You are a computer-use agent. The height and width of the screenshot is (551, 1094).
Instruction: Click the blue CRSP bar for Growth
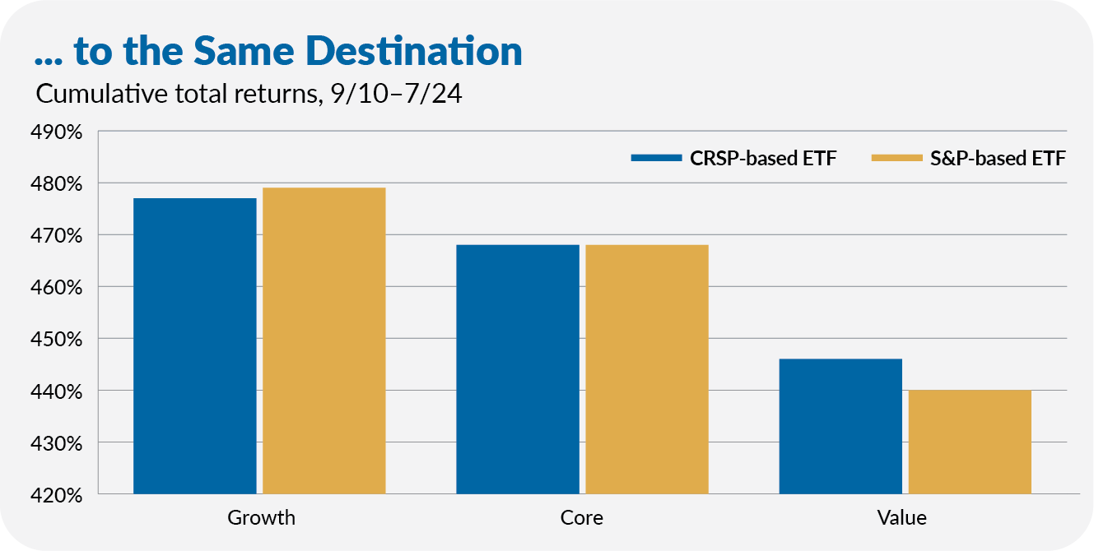(x=194, y=345)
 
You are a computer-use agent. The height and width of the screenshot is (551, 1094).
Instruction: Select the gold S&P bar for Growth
(x=324, y=340)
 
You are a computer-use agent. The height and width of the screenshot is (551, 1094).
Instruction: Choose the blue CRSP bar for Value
(x=840, y=426)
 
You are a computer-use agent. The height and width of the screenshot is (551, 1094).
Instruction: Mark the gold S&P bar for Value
(x=970, y=442)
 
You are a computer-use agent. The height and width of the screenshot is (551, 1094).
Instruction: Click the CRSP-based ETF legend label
(x=763, y=159)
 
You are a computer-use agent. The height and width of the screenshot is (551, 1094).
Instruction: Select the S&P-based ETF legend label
(x=998, y=159)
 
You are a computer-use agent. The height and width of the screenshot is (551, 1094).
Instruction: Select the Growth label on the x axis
(x=261, y=518)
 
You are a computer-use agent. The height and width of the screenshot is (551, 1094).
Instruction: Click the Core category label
(x=581, y=518)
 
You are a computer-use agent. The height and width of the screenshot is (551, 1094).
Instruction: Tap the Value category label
(x=902, y=518)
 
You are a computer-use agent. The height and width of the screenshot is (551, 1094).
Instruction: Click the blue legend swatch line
(x=656, y=159)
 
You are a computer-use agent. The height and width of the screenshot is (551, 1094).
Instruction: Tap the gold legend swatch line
(x=896, y=159)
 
